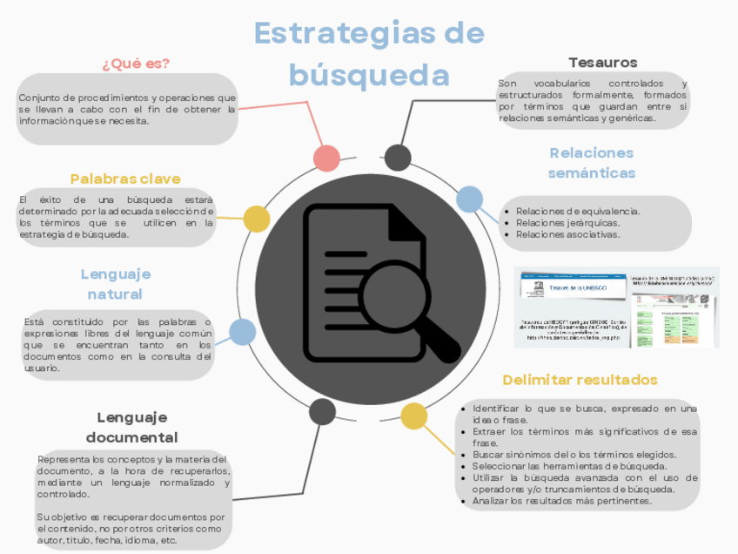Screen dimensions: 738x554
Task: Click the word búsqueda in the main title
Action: pyautogui.click(x=369, y=75)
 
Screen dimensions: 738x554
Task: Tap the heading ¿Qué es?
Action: pyautogui.click(x=136, y=64)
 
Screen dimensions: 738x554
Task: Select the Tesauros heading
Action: pyautogui.click(x=602, y=63)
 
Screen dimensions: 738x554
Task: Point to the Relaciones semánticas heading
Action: pyautogui.click(x=591, y=163)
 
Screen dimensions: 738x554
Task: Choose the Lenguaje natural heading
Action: pyautogui.click(x=115, y=283)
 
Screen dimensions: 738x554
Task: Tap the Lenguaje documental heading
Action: pyautogui.click(x=131, y=427)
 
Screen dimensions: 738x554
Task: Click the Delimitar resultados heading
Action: pyautogui.click(x=580, y=380)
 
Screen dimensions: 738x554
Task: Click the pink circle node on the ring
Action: pyautogui.click(x=326, y=158)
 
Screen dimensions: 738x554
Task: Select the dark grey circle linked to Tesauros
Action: pyautogui.click(x=398, y=158)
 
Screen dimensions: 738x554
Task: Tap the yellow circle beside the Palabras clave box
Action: pyautogui.click(x=256, y=219)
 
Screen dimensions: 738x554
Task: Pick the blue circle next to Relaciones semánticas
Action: pyautogui.click(x=470, y=199)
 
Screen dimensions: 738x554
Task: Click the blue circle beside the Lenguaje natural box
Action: pyautogui.click(x=242, y=332)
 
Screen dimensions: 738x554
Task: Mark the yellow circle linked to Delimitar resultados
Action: pyautogui.click(x=413, y=417)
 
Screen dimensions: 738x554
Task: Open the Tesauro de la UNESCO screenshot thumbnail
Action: pyautogui.click(x=616, y=307)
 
